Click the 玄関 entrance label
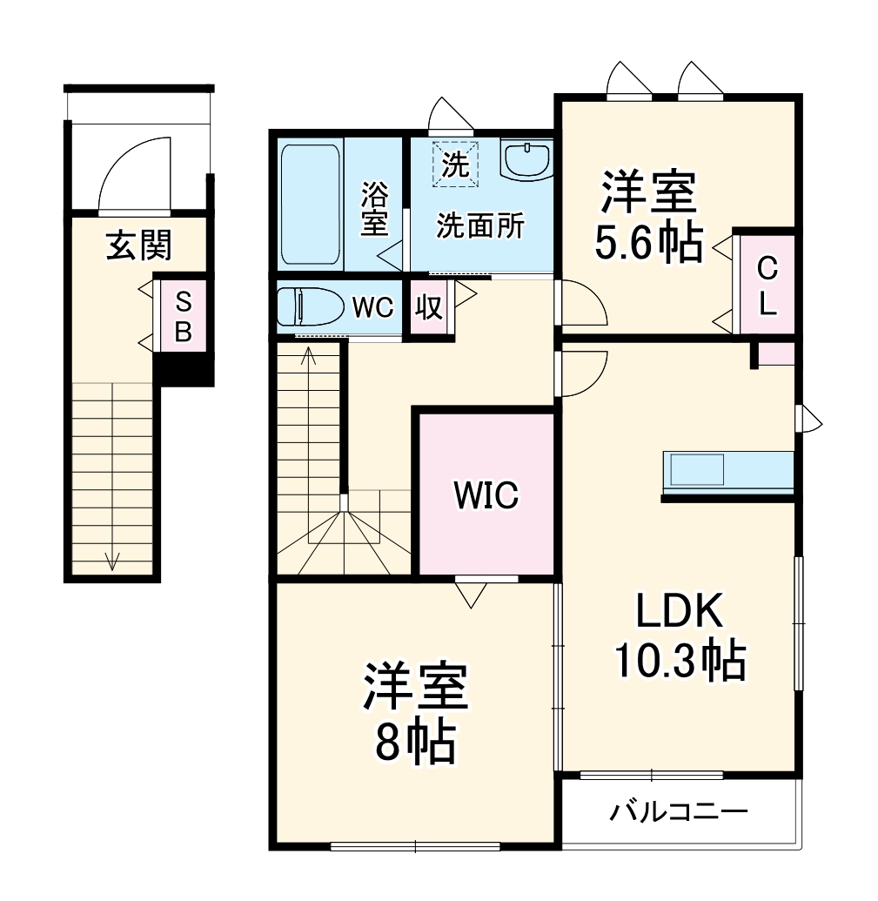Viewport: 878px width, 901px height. click(138, 247)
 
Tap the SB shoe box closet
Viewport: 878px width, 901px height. click(183, 316)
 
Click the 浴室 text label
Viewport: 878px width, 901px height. click(374, 208)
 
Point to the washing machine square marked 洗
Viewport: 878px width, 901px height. click(455, 164)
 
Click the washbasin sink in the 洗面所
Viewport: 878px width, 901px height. click(526, 160)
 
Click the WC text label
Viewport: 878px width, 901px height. click(373, 308)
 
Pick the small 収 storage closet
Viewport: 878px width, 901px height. click(428, 308)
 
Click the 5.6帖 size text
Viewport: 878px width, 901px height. click(648, 246)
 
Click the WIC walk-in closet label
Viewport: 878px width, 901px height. click(486, 495)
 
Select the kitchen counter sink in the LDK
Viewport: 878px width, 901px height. click(694, 471)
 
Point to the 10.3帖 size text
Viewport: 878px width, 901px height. click(680, 661)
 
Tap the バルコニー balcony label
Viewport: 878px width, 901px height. click(678, 813)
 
